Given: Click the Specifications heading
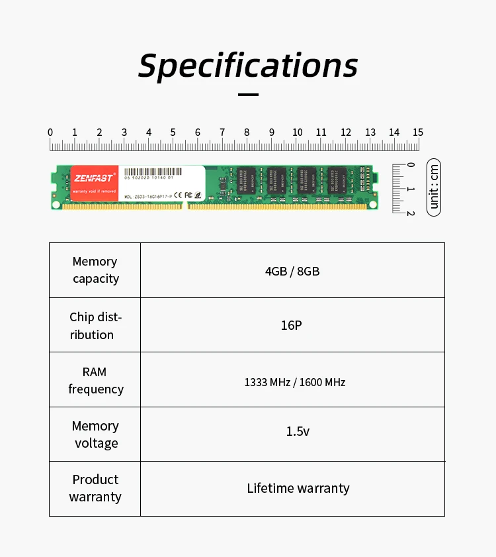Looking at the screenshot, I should click(x=248, y=65).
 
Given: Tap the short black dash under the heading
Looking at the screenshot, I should click(x=248, y=95).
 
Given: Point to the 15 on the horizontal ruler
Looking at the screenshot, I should click(x=417, y=132).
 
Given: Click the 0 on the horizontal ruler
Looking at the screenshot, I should click(x=50, y=132).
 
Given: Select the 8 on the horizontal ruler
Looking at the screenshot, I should click(x=247, y=132).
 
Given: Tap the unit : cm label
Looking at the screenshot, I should click(x=434, y=187).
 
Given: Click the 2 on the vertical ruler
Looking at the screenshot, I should click(x=411, y=213).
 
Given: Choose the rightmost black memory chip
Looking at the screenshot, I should click(x=337, y=181).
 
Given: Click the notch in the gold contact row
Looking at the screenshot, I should click(x=185, y=206).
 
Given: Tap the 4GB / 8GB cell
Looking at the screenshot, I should click(x=292, y=271).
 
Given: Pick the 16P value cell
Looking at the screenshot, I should click(x=292, y=325).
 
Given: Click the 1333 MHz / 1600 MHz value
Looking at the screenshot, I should click(x=295, y=382).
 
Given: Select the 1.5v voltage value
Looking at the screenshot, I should click(x=298, y=431).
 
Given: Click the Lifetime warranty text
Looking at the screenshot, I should click(x=298, y=488).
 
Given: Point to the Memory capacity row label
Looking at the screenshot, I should click(x=95, y=270).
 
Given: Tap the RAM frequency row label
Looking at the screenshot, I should click(x=95, y=380).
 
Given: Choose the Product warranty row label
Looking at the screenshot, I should click(x=95, y=488).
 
